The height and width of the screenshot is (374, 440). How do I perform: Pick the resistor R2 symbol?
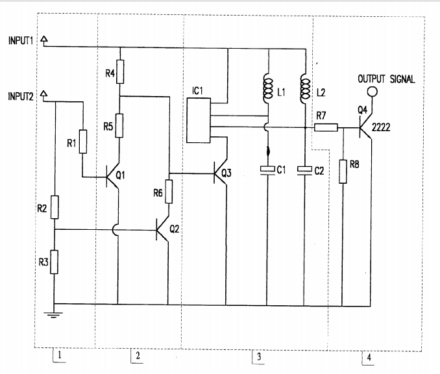pos(55,208)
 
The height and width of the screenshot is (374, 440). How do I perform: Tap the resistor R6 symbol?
pos(169,192)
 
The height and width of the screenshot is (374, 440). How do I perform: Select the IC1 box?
pos(199,120)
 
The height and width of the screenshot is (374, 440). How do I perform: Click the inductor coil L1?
pos(267,91)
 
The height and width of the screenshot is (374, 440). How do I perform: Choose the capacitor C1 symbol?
pos(267,170)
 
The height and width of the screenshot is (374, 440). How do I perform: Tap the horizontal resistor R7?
pos(326,128)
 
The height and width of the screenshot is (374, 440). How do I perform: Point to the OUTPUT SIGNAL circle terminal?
pos(373,92)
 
